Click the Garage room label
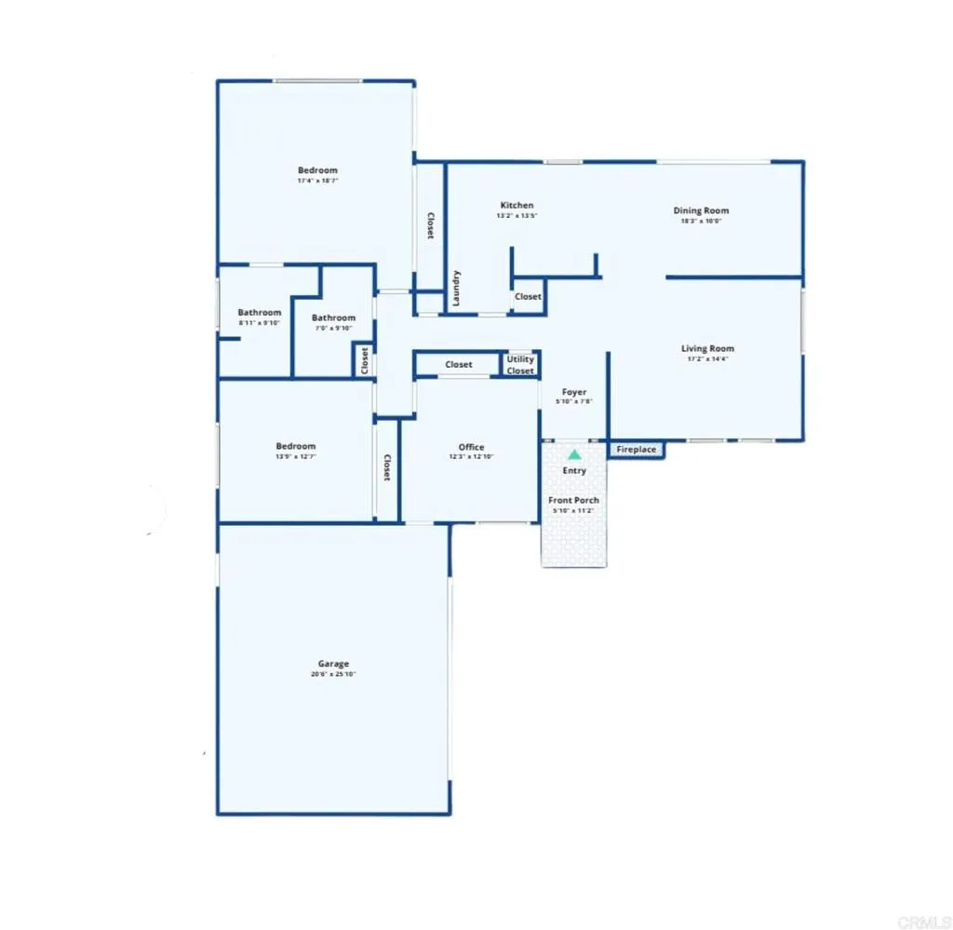click(333, 664)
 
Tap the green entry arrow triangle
click(574, 455)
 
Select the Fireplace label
click(637, 451)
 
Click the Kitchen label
click(517, 205)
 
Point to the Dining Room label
click(701, 210)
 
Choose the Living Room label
click(707, 349)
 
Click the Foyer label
click(574, 392)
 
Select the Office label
click(471, 447)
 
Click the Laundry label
click(456, 288)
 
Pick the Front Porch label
click(573, 500)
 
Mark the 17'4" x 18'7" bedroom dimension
click(317, 181)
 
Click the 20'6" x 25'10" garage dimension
click(333, 674)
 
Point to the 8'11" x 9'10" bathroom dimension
click(259, 323)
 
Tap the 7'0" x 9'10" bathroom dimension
click(333, 328)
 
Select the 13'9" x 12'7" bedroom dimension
click(295, 456)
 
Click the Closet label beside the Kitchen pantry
click(528, 297)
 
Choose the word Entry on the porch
click(574, 470)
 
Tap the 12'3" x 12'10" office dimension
click(471, 456)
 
